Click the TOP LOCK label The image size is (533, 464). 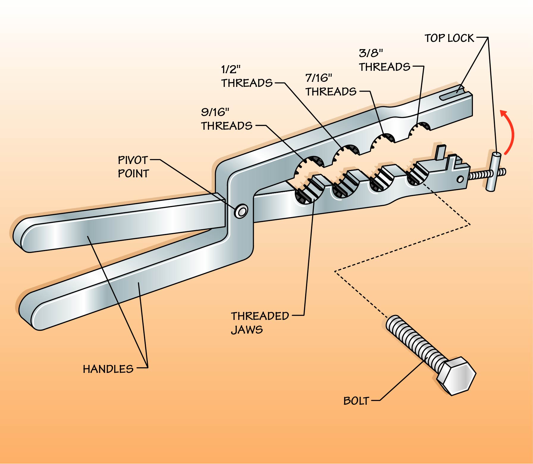coord(449,38)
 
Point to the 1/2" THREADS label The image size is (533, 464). coord(247,76)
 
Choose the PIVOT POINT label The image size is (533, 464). coord(133,167)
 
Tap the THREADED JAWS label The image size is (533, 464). coord(260,323)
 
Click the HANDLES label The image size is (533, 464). coord(108,369)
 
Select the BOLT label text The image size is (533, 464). coord(356,401)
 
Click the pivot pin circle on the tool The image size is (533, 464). coord(241,211)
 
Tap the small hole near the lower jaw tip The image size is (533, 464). coord(460,179)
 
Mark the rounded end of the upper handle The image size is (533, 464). coord(22,235)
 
